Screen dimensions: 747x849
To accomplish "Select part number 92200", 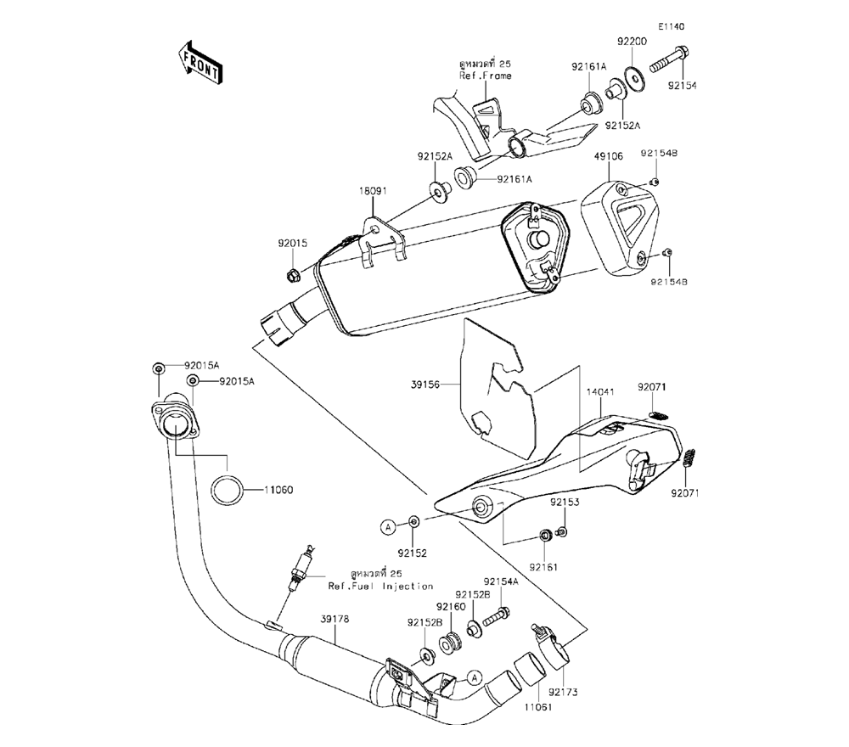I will [x=632, y=42].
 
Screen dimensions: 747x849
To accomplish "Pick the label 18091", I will [x=372, y=192].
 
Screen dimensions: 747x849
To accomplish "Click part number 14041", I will [x=599, y=395].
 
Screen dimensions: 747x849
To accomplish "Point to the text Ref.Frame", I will [x=486, y=76].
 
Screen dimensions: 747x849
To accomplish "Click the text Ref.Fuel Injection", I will [x=381, y=587].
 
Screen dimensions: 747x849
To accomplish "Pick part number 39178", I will [x=335, y=619].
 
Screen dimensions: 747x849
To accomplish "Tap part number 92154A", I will [x=501, y=581].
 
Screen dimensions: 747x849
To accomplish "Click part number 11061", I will [x=533, y=705].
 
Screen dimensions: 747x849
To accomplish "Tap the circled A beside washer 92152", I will [x=387, y=527].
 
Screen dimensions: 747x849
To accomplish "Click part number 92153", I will [x=564, y=503].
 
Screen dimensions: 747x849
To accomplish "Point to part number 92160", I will [x=451, y=607].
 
